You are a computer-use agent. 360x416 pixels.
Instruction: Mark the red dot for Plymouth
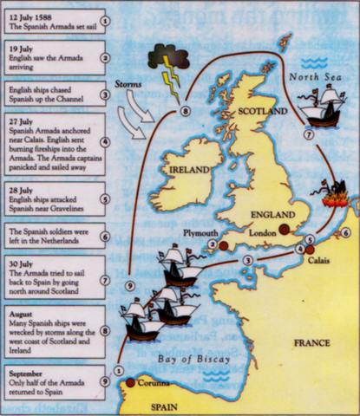[x=222, y=246]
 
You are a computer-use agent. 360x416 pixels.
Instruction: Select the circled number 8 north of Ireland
[x=184, y=110]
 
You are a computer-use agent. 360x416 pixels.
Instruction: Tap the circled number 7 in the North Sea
[x=308, y=134]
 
